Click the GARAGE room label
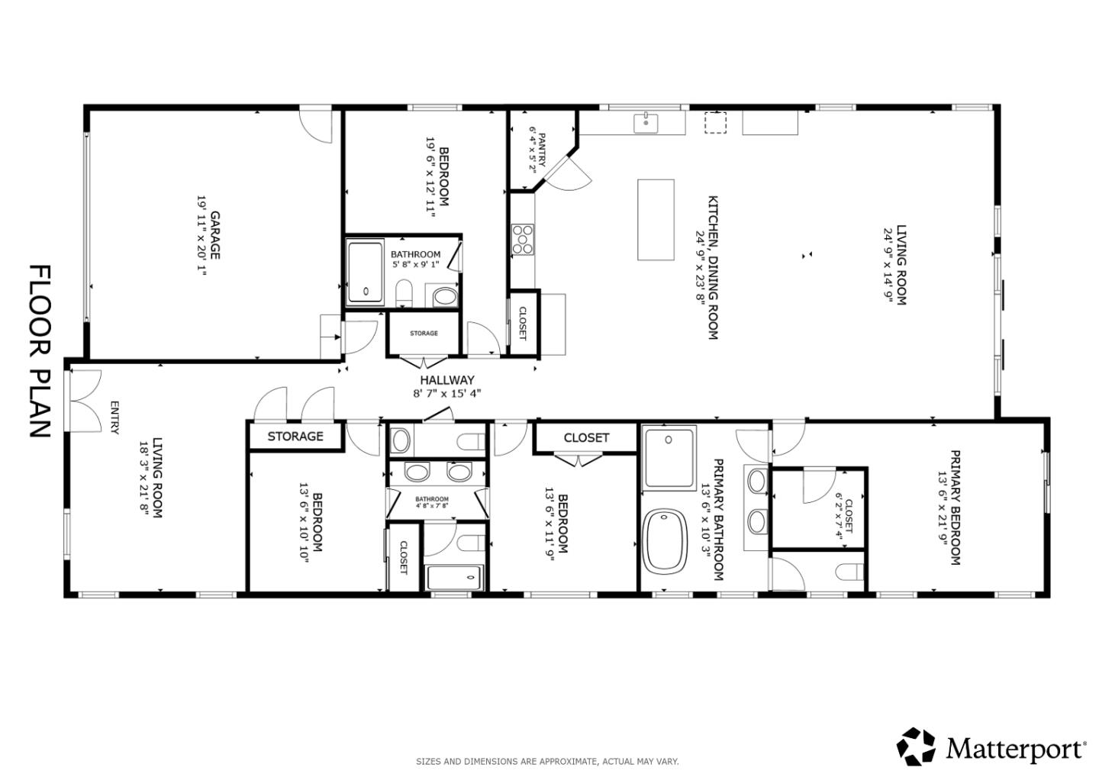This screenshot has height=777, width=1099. point(215,235)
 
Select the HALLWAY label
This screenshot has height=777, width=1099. point(447,380)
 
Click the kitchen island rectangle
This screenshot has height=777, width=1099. point(656,220)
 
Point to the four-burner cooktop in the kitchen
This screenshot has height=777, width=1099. point(524,239)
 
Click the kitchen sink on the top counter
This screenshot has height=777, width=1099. point(646,122)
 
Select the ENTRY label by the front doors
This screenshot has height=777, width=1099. point(114,418)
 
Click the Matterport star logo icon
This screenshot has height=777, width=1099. point(916,746)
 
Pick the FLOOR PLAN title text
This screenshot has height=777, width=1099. point(40,351)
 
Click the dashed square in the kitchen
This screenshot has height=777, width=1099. point(715,123)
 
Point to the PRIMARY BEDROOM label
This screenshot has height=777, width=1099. point(955,508)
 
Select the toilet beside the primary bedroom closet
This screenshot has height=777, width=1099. point(849,572)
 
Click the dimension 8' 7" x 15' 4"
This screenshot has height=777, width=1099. point(447,394)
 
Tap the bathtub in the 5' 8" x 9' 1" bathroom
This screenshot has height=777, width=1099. point(366,273)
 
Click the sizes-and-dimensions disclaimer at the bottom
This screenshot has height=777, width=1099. point(547,761)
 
